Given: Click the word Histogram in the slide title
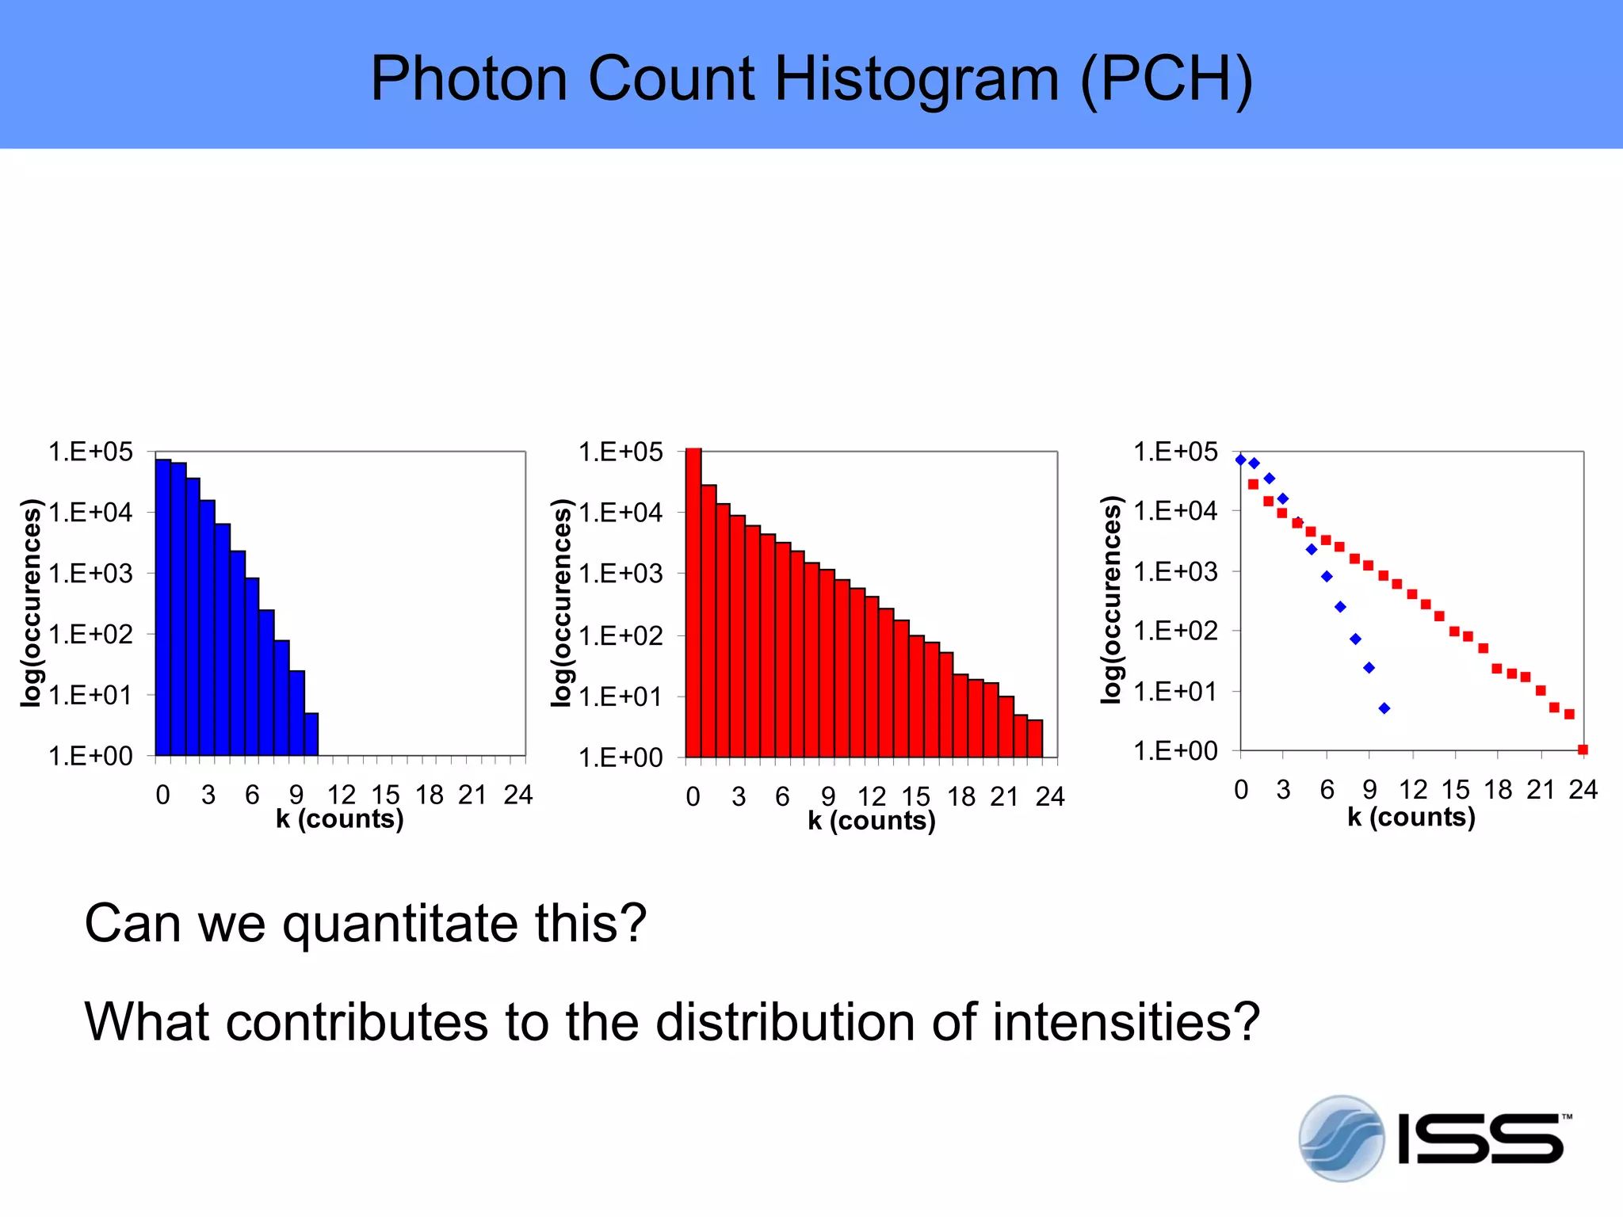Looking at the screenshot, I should (916, 78).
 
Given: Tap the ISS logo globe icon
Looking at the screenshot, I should (1341, 1139).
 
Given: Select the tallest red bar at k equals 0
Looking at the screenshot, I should (693, 602).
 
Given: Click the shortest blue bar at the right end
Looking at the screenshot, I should (311, 734).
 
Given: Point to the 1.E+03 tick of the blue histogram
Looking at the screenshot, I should (90, 573).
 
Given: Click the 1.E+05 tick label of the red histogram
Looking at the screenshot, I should (621, 452).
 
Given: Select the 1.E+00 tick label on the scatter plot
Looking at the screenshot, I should (1175, 750).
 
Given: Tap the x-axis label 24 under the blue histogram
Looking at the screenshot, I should (517, 795).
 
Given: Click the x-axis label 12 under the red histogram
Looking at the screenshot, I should (872, 796).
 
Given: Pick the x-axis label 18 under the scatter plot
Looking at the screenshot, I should (1498, 790).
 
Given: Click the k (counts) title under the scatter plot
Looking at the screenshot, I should (1411, 817).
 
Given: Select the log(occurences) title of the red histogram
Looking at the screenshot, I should (562, 602).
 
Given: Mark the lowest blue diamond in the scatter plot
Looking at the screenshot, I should (1384, 708).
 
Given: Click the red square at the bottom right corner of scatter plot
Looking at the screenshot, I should (1583, 750).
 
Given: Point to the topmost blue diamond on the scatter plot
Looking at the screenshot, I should (1241, 460).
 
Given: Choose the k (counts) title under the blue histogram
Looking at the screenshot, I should (340, 818).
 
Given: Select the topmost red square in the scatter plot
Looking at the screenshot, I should (1253, 484).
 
